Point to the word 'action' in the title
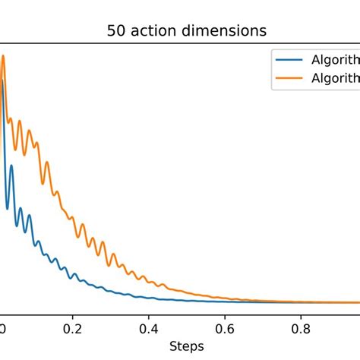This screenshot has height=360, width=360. coord(157,33)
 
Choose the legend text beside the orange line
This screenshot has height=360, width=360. coord(333,77)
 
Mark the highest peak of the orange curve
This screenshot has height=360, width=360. coord(3,55)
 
